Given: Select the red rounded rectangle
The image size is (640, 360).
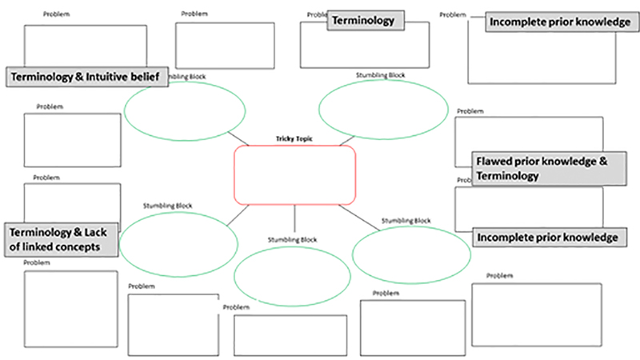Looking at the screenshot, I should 294,175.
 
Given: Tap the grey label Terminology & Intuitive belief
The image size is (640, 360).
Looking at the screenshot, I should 86,77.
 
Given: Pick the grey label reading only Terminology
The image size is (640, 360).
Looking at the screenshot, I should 363,21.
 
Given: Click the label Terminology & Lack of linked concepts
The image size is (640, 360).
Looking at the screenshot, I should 62,239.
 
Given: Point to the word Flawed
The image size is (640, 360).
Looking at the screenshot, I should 494,161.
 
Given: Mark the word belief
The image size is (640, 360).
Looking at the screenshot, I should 148,77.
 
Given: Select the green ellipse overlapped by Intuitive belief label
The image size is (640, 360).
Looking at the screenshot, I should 185,111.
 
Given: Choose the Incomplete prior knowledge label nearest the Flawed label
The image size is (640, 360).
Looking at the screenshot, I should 546,238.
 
